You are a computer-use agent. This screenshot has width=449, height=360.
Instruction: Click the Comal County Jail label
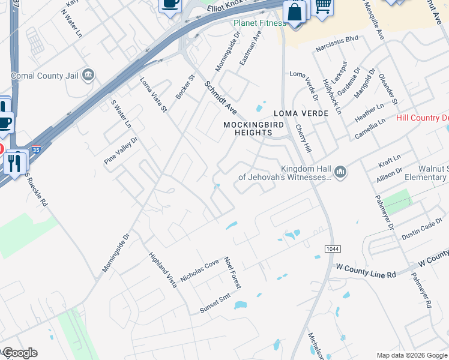coord(46,76)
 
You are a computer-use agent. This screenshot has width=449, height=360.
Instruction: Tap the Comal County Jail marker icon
coord(88,75)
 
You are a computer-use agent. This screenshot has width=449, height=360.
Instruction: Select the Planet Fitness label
coord(259,23)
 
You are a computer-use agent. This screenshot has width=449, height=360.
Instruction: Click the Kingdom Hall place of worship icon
coord(341,173)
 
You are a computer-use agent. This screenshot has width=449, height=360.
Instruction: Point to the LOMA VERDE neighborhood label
coord(301,113)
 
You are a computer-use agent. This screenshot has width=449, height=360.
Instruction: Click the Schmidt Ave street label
coord(221,98)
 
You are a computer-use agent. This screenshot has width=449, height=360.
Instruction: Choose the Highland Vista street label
coord(163,269)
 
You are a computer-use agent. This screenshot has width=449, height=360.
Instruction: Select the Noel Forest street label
coord(232,273)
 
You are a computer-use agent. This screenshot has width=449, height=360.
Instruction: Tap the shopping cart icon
coord(323,5)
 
